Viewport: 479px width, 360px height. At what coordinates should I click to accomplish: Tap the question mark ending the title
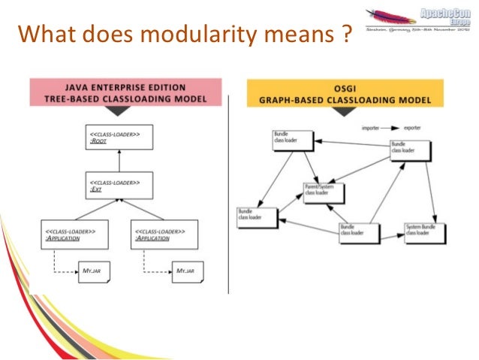pyautogui.click(x=345, y=34)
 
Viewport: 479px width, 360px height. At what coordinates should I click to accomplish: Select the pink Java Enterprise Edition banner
pyautogui.click(x=125, y=92)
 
